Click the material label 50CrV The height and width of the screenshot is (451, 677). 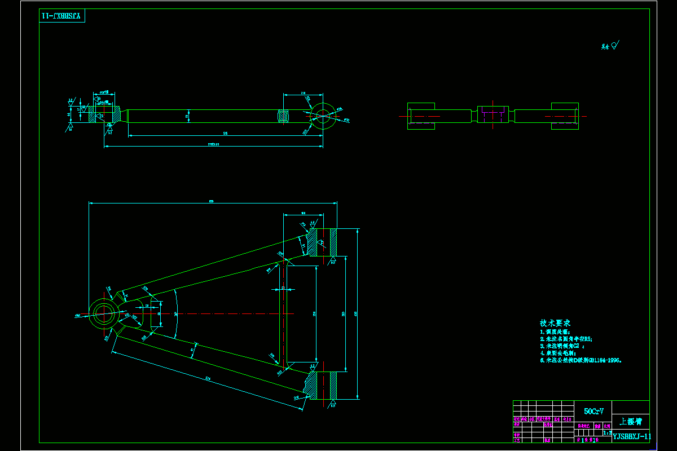[592, 412]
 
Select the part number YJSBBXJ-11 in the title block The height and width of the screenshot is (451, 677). [631, 436]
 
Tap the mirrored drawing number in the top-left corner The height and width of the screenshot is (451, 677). [63, 16]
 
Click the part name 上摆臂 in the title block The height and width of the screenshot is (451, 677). [630, 421]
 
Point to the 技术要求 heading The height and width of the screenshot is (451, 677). [555, 323]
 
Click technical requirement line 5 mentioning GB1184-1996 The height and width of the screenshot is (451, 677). [581, 360]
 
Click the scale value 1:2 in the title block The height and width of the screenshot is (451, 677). [607, 433]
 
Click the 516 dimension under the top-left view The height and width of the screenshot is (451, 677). [225, 133]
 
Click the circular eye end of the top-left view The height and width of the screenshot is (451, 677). [323, 115]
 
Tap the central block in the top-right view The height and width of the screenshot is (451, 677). [493, 114]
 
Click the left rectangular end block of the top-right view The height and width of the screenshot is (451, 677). [421, 116]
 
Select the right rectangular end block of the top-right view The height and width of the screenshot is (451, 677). [565, 116]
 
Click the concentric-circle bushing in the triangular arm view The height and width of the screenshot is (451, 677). [104, 313]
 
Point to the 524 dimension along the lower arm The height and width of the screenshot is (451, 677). [208, 379]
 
